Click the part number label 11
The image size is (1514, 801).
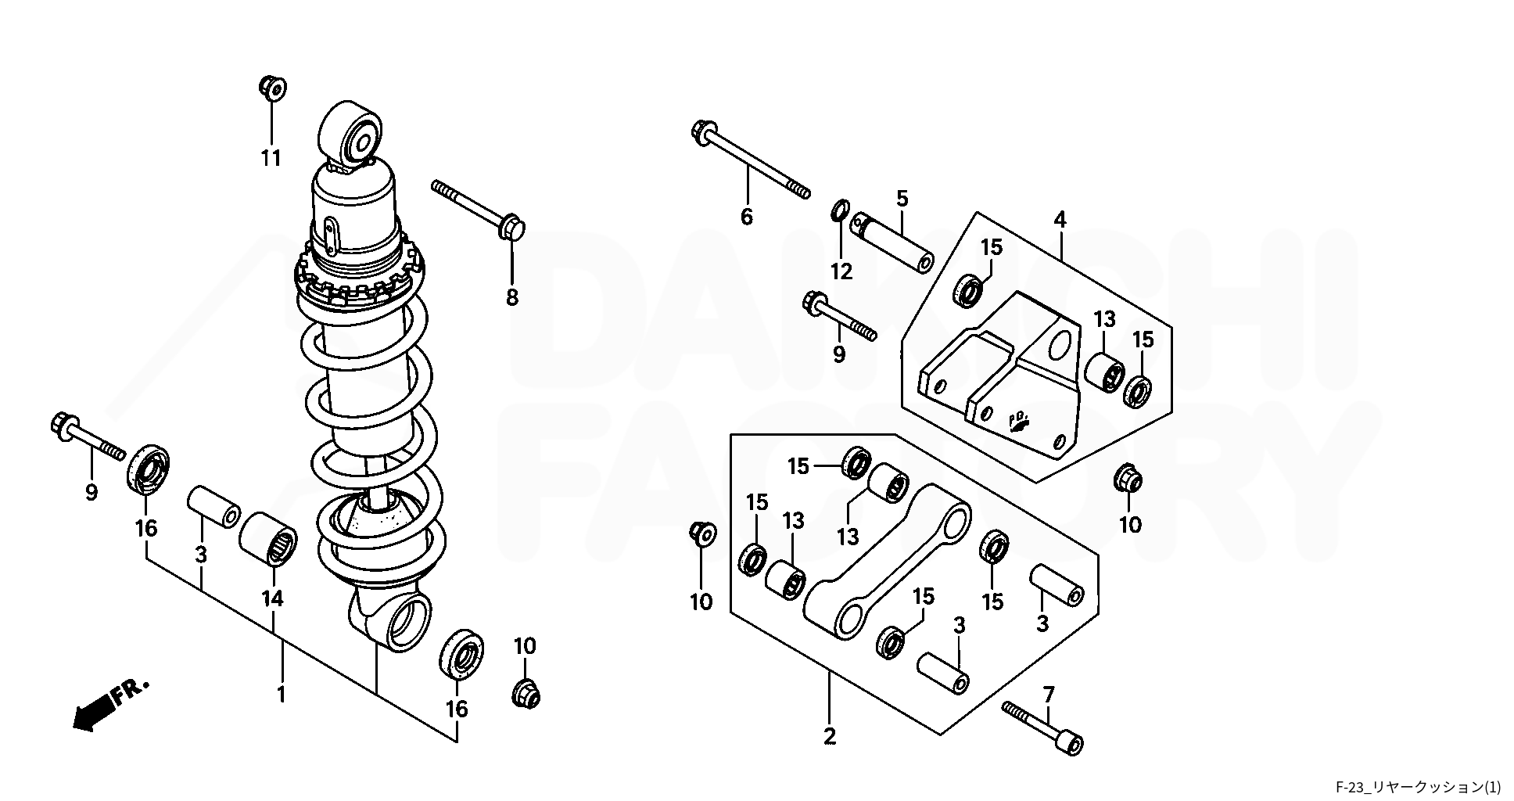pyautogui.click(x=271, y=159)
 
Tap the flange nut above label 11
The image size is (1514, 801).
pyautogui.click(x=272, y=88)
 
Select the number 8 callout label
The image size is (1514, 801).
pyautogui.click(x=512, y=297)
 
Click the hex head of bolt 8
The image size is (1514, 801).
pyautogui.click(x=511, y=225)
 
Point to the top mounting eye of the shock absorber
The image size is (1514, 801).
pyautogui.click(x=350, y=135)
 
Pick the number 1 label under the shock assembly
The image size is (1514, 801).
pyautogui.click(x=282, y=694)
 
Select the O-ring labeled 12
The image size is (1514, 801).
pyautogui.click(x=841, y=210)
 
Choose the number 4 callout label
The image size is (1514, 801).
pyautogui.click(x=1060, y=220)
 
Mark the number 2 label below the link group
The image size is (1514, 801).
pyautogui.click(x=830, y=736)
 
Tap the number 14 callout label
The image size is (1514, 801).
pyautogui.click(x=272, y=598)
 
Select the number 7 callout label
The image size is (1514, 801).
pyautogui.click(x=1049, y=694)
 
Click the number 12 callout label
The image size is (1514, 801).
pyautogui.click(x=841, y=271)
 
